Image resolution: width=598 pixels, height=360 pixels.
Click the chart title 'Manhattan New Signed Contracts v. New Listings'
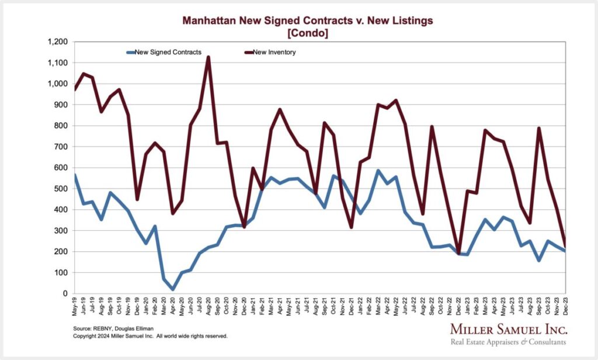[x=308, y=21]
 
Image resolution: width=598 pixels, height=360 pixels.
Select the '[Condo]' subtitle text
[x=308, y=33]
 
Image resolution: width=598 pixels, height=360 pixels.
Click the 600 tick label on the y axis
[x=61, y=168]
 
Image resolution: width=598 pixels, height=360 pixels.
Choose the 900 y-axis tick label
[x=61, y=105]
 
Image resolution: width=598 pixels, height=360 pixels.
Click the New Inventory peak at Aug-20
[x=208, y=57]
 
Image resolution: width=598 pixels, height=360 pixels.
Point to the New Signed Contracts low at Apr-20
[x=173, y=289]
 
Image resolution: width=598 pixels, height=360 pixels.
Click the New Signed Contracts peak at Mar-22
[x=378, y=171]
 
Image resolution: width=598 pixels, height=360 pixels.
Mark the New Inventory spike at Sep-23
[x=538, y=128]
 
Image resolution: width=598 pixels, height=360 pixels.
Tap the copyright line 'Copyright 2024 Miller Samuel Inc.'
[x=150, y=337]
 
